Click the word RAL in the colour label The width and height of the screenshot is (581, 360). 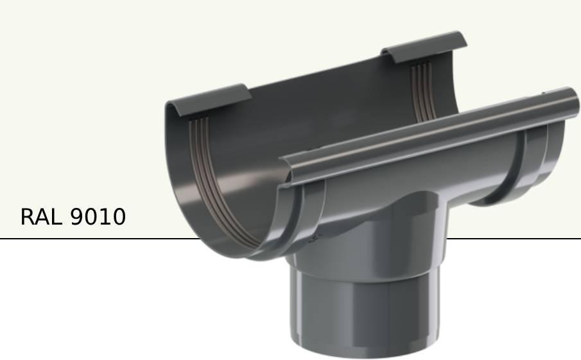click(41, 217)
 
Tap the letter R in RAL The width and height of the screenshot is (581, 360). click(28, 217)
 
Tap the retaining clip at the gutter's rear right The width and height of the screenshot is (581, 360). click(424, 46)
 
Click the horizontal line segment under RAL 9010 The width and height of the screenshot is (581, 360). click(96, 239)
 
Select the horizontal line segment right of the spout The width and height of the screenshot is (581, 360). click(514, 239)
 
